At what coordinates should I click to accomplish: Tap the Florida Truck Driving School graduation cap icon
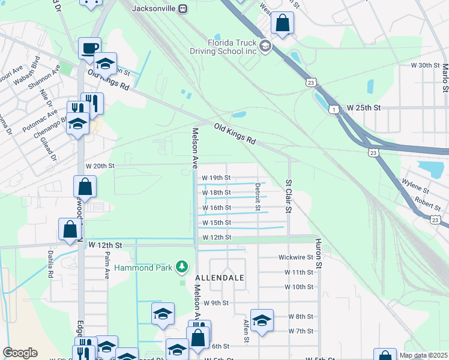(x=265, y=46)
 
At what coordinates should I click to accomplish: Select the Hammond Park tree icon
(x=182, y=267)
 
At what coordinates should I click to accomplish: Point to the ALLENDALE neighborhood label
(x=219, y=278)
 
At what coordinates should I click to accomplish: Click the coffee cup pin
(x=89, y=48)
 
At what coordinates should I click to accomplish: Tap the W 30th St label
(x=426, y=65)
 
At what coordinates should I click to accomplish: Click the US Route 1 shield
(x=334, y=109)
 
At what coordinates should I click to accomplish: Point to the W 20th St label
(x=100, y=166)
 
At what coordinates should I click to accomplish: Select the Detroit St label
(x=258, y=197)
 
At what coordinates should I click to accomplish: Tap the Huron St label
(x=319, y=253)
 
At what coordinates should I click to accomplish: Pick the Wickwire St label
(x=295, y=257)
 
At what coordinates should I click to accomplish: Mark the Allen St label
(x=246, y=331)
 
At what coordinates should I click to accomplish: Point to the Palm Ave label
(x=107, y=266)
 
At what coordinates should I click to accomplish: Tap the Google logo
(x=20, y=353)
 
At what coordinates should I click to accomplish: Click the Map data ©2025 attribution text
(x=423, y=355)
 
